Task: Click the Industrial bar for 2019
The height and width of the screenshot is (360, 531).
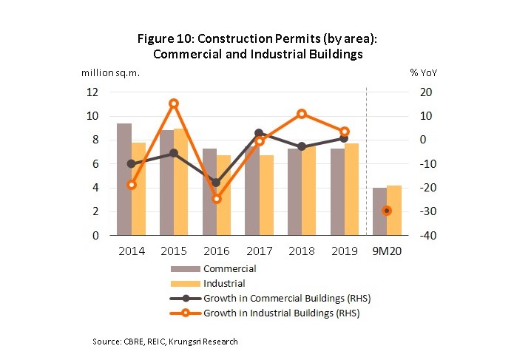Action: (351, 189)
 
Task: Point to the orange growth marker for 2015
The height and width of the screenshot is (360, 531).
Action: (174, 103)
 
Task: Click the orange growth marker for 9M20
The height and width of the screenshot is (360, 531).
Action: (387, 211)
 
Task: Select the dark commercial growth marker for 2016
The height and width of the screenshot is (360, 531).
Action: (217, 183)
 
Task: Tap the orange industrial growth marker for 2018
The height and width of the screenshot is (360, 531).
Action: (302, 114)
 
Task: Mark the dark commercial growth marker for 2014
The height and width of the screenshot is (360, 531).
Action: (132, 163)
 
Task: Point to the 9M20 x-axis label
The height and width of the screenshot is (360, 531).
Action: (387, 251)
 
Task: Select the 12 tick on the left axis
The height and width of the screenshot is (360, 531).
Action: (93, 92)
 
